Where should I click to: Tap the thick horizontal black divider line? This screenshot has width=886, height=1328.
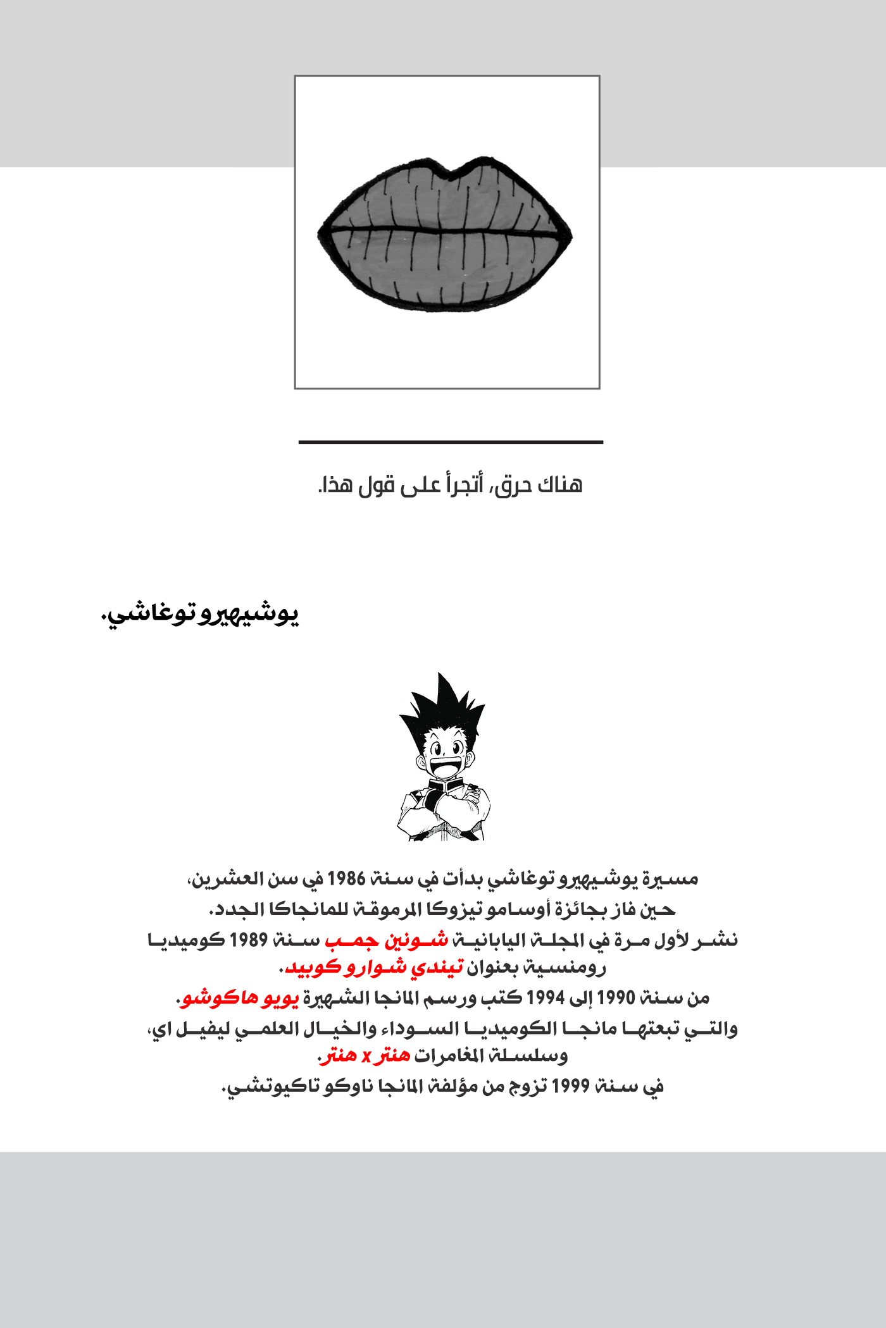451,442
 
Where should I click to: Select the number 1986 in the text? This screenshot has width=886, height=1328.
346,879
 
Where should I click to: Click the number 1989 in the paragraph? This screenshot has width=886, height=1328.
249,940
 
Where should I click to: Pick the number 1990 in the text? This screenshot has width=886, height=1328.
616,998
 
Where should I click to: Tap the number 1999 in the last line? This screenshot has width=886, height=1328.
571,1086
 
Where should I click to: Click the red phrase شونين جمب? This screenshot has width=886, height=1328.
387,940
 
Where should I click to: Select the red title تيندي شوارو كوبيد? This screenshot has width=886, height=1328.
375,968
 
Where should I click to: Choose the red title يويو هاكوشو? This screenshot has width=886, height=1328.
240,998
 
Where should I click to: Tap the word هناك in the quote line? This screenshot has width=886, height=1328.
559,486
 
